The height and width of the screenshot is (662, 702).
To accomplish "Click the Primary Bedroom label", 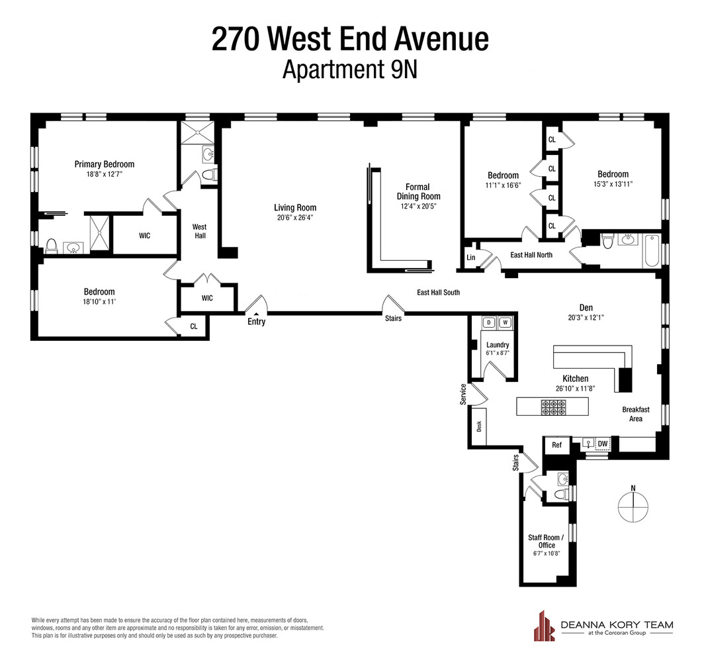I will (x=104, y=164).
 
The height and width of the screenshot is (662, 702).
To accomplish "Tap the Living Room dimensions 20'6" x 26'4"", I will (x=295, y=216).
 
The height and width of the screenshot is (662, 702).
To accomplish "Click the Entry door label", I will (x=256, y=322).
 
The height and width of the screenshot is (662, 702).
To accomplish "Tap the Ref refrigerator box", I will (x=556, y=445).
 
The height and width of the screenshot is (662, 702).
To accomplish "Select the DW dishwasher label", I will (x=602, y=444).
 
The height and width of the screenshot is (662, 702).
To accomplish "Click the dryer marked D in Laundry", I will (x=490, y=322).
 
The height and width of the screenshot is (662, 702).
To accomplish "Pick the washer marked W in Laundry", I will (x=505, y=322).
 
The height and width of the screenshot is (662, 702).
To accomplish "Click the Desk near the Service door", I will (x=479, y=426).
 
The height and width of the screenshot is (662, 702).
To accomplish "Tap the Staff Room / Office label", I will (x=546, y=541).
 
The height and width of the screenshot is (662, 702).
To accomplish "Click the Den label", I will (x=586, y=307).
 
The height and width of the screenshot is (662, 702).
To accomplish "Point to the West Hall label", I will (x=199, y=232).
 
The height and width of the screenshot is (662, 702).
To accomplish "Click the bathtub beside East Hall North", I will (x=651, y=250).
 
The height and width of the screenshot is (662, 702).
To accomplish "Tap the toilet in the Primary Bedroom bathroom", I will (x=51, y=248).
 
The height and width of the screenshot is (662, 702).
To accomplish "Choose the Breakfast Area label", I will (x=635, y=414).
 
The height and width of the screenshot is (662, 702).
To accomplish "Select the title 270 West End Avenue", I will (x=350, y=39).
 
